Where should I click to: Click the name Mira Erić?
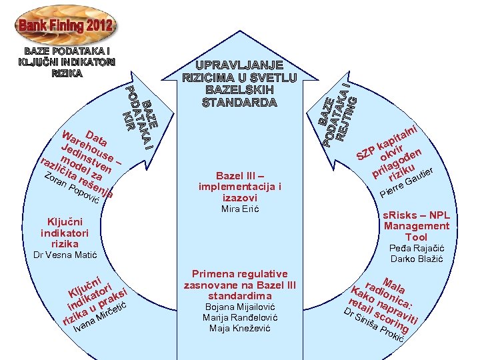pyautogui.click(x=240, y=209)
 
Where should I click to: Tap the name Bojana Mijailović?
pyautogui.click(x=240, y=307)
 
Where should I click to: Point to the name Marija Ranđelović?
pyautogui.click(x=240, y=317)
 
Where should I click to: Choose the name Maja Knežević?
pyautogui.click(x=240, y=328)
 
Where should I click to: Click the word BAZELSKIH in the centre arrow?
pyautogui.click(x=241, y=90)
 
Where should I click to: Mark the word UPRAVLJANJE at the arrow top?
pyautogui.click(x=241, y=65)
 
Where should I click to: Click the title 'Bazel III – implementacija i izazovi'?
pyautogui.click(x=240, y=187)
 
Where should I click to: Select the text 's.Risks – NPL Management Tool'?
pyautogui.click(x=417, y=226)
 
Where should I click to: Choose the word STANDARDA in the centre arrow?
pyautogui.click(x=241, y=103)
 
